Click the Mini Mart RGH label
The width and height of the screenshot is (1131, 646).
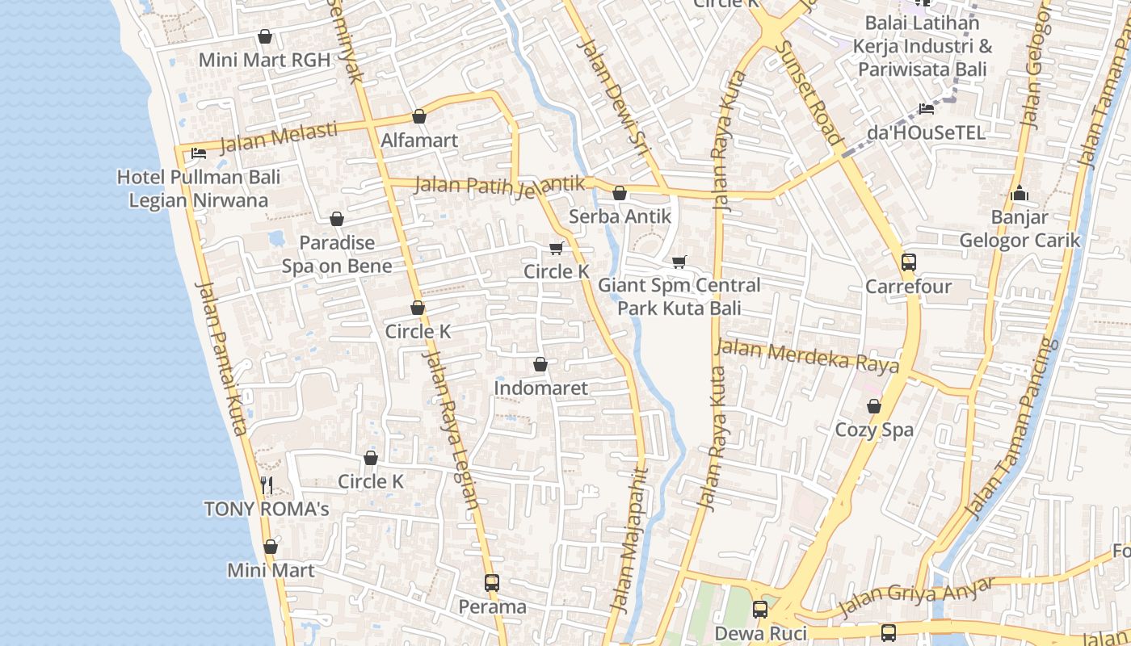264,60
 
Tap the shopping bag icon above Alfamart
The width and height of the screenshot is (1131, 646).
419,117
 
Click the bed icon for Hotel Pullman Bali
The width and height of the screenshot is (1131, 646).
198,153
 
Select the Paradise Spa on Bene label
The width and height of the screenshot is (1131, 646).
337,254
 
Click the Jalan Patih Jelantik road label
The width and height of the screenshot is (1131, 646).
499,185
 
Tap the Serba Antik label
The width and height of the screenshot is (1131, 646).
620,216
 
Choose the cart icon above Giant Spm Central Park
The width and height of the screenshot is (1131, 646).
679,262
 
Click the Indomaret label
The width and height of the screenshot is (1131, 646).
540,388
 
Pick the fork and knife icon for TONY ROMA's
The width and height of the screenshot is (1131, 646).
267,485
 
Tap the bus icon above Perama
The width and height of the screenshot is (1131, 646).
491,582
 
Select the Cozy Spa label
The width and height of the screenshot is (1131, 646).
874,430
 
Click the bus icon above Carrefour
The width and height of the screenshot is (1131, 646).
909,262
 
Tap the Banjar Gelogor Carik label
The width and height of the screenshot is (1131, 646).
1019,229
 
